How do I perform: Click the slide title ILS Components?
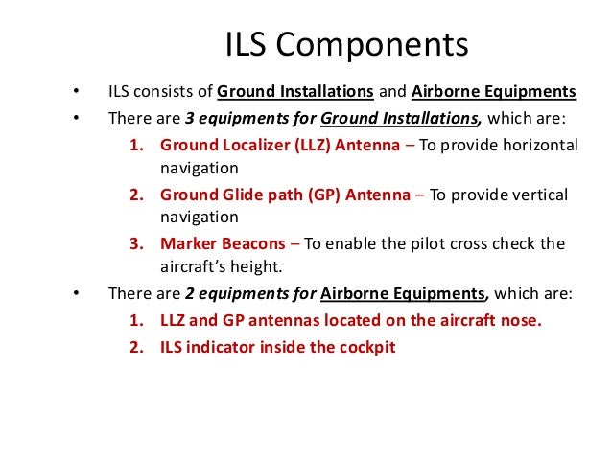coord(346,45)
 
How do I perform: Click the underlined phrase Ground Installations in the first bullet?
coord(295,93)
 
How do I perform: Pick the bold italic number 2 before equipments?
coord(189,294)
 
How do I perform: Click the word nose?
coord(524,320)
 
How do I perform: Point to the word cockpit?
coord(365,345)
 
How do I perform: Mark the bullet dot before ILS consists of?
coord(74,94)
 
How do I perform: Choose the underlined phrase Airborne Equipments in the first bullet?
coord(494,93)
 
